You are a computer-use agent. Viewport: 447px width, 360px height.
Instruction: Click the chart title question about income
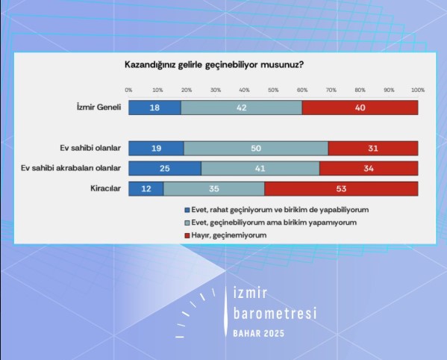[213, 65]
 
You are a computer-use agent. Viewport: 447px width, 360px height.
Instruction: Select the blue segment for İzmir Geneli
[154, 108]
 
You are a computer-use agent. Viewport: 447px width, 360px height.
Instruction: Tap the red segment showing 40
[360, 108]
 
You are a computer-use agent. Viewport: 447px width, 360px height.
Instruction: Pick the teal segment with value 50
[256, 148]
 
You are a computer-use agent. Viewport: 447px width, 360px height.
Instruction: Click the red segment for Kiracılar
[341, 188]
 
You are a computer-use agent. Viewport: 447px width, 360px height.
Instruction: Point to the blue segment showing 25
[165, 168]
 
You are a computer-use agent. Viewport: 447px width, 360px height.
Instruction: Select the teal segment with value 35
[214, 188]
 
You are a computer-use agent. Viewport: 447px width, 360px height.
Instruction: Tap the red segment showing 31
[373, 148]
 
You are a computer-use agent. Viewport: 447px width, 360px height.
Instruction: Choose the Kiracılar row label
[105, 188]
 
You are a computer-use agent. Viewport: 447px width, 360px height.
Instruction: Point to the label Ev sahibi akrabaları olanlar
[72, 168]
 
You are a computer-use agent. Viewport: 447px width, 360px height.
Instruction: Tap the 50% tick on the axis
[273, 90]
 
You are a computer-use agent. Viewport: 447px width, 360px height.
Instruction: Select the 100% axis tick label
[417, 90]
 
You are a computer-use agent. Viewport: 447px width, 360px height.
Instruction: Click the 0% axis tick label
[128, 90]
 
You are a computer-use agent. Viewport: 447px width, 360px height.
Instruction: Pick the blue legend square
[187, 210]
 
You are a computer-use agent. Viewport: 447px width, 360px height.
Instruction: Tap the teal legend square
[187, 223]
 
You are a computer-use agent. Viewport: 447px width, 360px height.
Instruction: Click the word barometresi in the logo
[275, 313]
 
